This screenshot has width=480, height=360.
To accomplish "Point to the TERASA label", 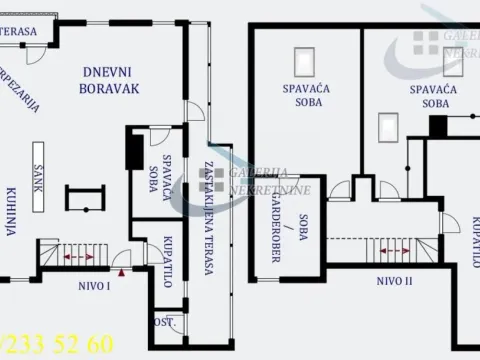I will (19, 31).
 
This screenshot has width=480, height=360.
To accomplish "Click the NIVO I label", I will (94, 286).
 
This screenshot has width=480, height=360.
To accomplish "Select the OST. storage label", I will (162, 322).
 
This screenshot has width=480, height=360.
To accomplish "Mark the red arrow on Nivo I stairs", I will (72, 257).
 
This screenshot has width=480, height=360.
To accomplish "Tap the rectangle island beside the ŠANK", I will (76, 198).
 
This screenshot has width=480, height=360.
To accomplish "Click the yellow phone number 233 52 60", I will (60, 345).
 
